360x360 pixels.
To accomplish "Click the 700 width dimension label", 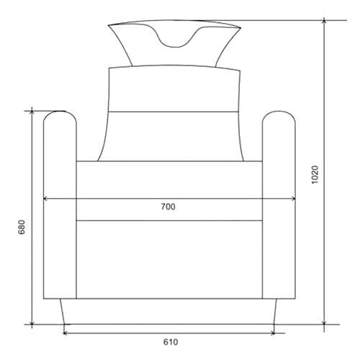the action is click(x=168, y=207).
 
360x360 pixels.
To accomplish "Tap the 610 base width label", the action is click(x=171, y=342).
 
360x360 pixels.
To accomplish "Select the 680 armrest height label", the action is click(x=22, y=227).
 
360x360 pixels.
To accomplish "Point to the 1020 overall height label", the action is click(x=315, y=174).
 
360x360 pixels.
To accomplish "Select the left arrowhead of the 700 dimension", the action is click(x=45, y=199).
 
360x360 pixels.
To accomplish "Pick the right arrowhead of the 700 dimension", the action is click(x=294, y=199).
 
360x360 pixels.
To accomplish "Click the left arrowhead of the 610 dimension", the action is click(x=65, y=333).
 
